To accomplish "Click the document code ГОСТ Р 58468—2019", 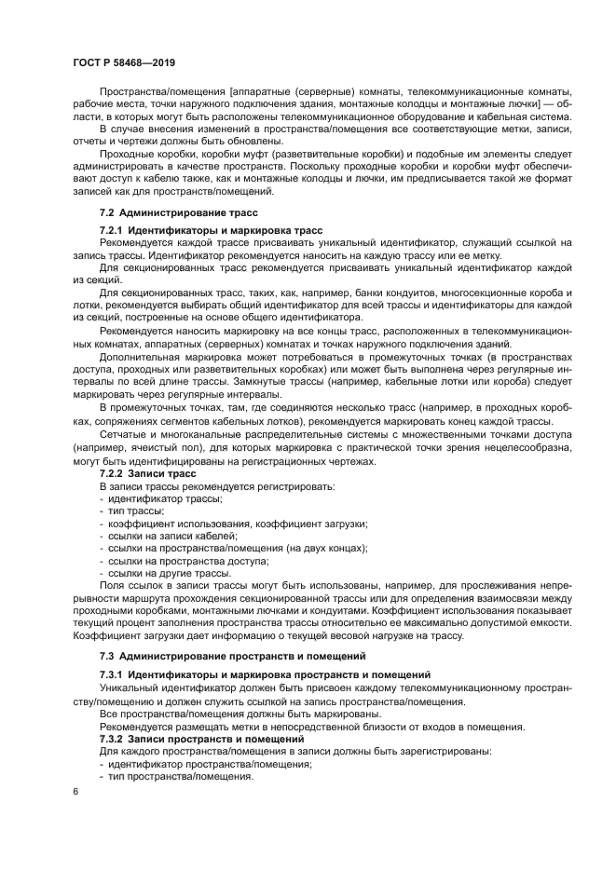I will (124, 61).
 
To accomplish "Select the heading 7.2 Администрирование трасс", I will (166, 213).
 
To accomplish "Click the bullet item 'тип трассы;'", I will (136, 511).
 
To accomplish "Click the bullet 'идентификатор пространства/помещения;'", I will (206, 763).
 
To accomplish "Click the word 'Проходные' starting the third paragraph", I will (128, 153).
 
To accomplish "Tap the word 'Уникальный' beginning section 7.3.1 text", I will (130, 687).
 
